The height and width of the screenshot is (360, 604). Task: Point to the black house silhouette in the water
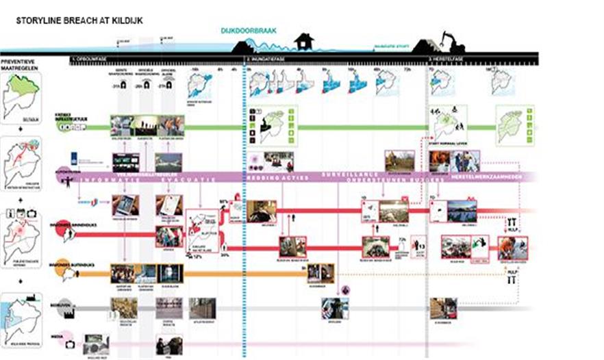click(x=303, y=42)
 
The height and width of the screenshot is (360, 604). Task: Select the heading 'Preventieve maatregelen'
click(x=18, y=64)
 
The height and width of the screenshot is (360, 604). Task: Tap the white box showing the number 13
click(x=420, y=246)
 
